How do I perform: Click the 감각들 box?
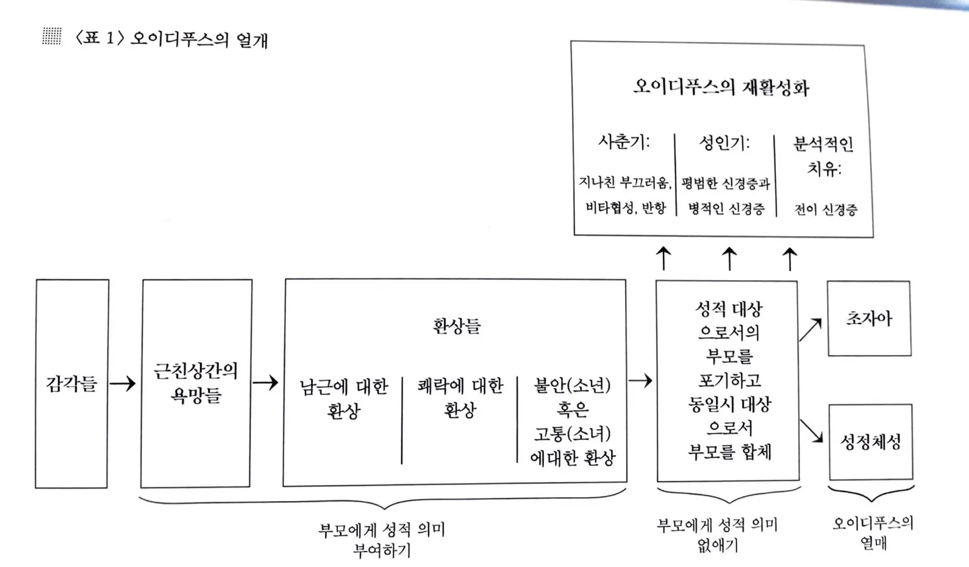[x=71, y=383]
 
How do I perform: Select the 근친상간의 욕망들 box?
[x=196, y=383]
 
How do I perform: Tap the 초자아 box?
[x=869, y=318]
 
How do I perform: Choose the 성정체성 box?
[x=871, y=442]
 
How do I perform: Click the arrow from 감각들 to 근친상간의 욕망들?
[x=123, y=383]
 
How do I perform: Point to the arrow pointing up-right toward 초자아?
[x=811, y=330]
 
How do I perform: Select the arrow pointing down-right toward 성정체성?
[x=812, y=431]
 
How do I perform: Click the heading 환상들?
[x=456, y=327]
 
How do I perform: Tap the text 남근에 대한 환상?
[x=344, y=398]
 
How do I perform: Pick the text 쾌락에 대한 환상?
[x=460, y=398]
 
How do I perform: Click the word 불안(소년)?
[x=572, y=385]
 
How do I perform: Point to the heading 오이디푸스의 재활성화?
[x=721, y=87]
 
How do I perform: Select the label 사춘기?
[x=624, y=142]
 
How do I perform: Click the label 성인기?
[x=724, y=143]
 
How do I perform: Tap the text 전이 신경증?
[x=826, y=209]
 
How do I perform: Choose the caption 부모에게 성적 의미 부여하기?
[x=382, y=539]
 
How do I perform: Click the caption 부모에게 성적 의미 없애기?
[x=717, y=535]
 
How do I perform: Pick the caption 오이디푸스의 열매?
[x=873, y=532]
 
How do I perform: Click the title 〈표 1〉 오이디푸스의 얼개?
[x=172, y=39]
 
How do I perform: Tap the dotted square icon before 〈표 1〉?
[x=52, y=36]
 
